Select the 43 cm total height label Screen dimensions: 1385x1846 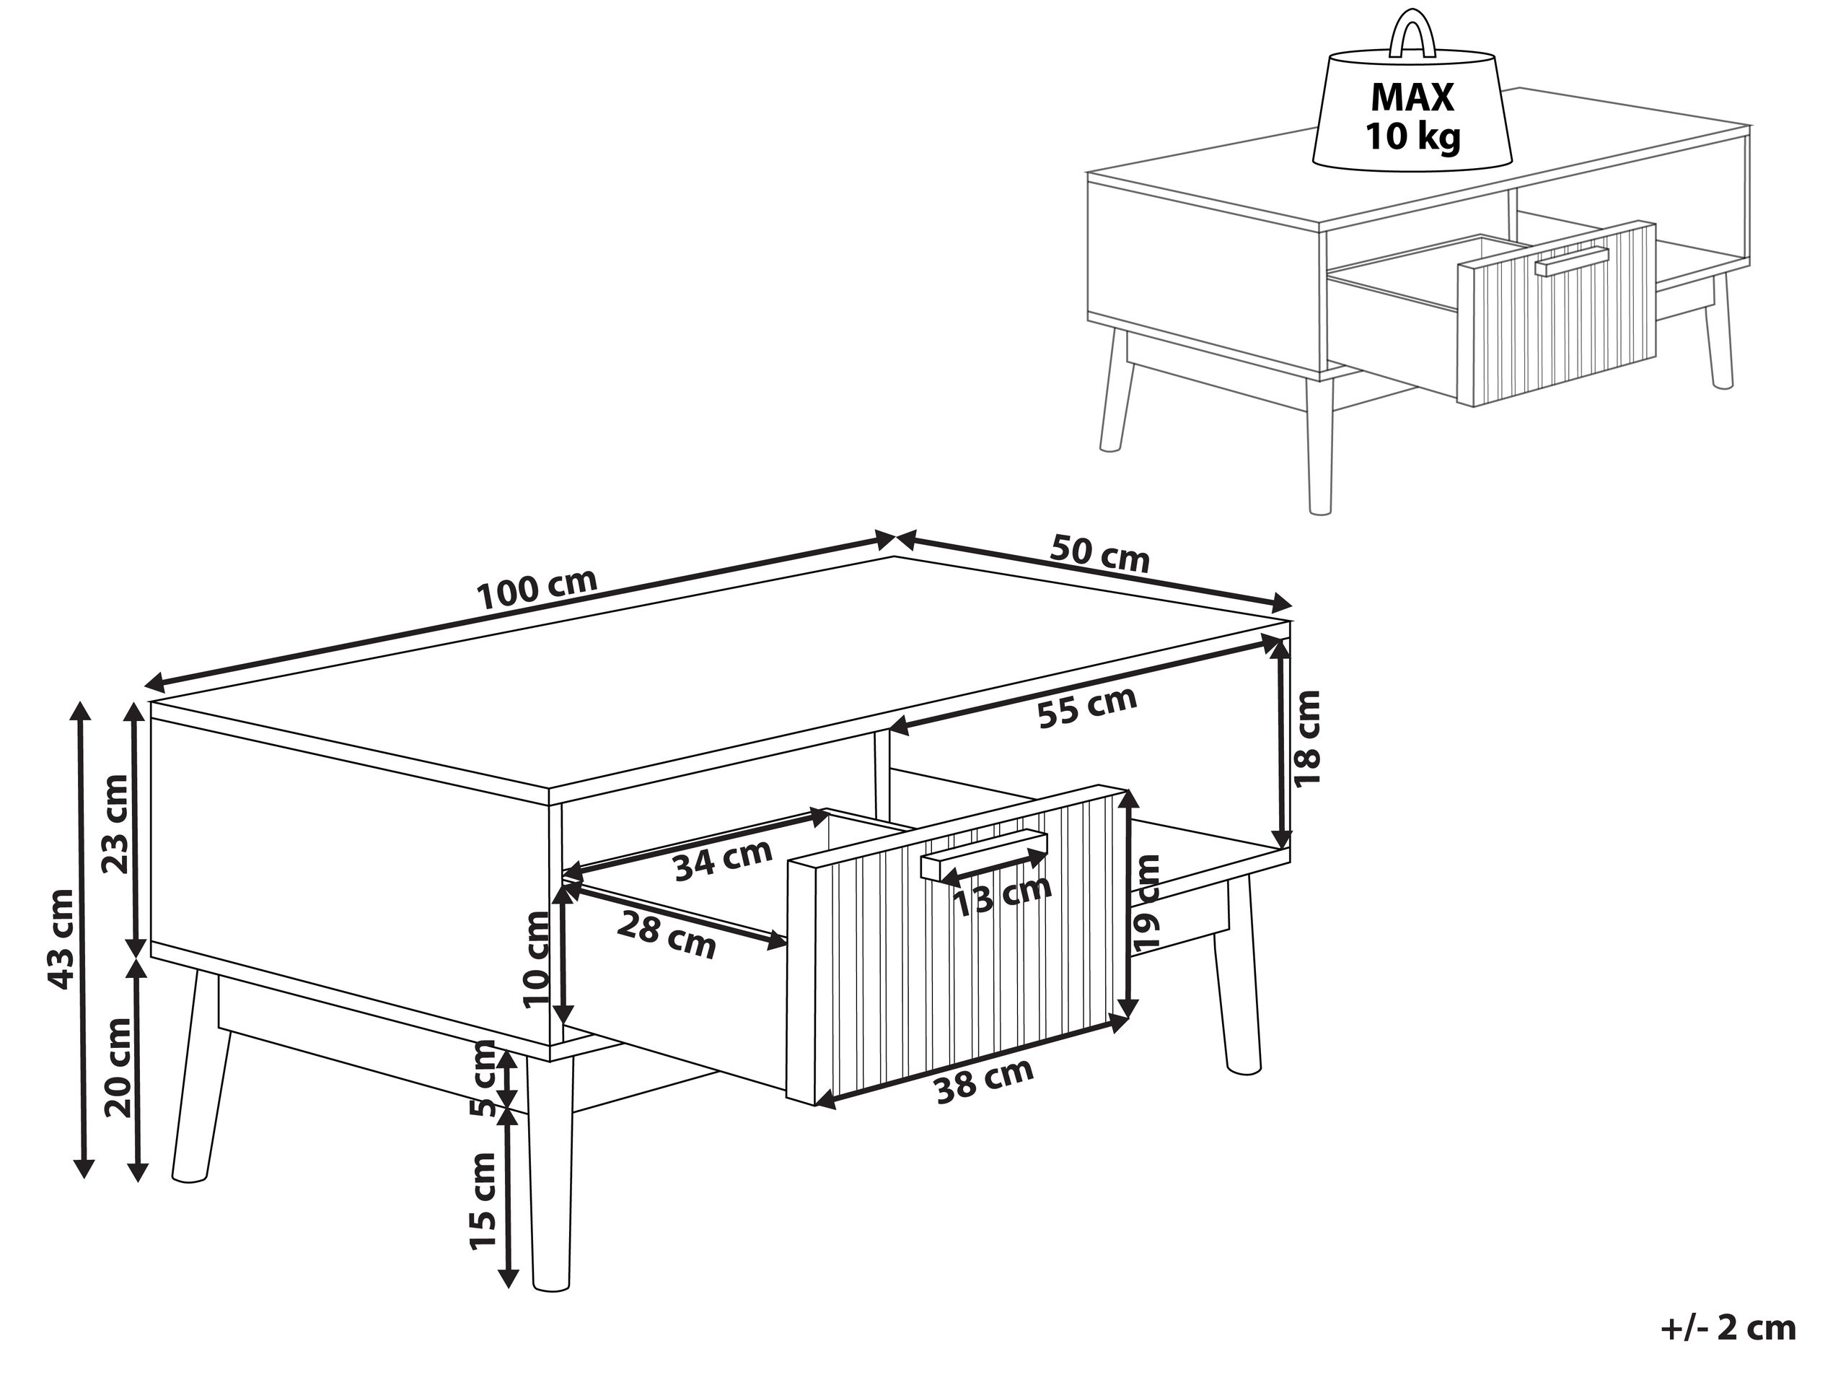[62, 939]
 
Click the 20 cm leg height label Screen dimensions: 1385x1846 [118, 1067]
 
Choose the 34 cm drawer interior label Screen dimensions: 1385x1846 [723, 860]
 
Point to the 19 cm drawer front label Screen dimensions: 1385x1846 [1148, 901]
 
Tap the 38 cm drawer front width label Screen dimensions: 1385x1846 [984, 1080]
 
